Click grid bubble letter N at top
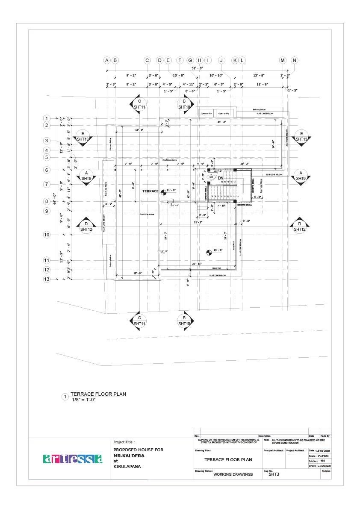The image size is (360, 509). click(294, 60)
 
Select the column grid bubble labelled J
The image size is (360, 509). click(221, 60)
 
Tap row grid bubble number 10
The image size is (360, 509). click(47, 235)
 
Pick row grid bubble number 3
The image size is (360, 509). click(47, 141)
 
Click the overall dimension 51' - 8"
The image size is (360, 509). click(197, 68)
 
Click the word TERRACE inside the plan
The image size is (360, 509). click(150, 191)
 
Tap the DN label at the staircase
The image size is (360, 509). click(221, 178)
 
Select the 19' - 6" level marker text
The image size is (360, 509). click(218, 250)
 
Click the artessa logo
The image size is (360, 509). click(73, 459)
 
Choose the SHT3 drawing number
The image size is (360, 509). click(274, 474)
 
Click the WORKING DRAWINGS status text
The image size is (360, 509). click(233, 474)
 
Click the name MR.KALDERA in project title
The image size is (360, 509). click(129, 456)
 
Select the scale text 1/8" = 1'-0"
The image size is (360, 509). click(83, 399)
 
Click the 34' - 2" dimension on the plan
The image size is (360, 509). click(221, 122)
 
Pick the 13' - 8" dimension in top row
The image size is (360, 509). click(258, 75)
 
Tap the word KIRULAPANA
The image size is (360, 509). click(127, 467)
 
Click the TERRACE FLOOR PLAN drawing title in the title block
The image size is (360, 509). click(228, 459)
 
